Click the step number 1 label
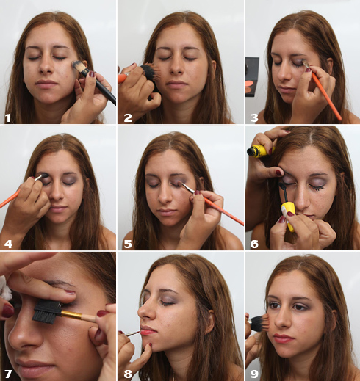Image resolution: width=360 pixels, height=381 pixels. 8,118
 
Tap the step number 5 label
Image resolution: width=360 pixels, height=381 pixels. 128,244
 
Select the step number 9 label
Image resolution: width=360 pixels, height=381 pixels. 254,374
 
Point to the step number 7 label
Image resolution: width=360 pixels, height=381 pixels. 8,374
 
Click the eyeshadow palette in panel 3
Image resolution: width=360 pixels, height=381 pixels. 252,77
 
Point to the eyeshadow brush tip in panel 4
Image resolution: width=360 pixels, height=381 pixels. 41,176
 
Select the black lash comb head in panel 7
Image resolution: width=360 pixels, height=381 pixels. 46,312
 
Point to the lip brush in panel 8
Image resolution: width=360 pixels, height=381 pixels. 132,334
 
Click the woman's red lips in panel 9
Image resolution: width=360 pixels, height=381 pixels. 284,338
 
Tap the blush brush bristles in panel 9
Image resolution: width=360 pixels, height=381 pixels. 261,323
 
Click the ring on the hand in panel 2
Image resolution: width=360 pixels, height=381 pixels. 127,73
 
